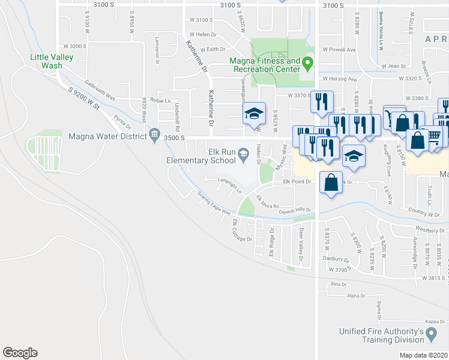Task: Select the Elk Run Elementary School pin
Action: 244,156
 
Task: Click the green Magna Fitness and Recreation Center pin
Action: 308,62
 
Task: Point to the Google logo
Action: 20,353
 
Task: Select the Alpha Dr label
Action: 355,295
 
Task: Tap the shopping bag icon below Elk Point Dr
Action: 331,182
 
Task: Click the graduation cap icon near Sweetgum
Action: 254,113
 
